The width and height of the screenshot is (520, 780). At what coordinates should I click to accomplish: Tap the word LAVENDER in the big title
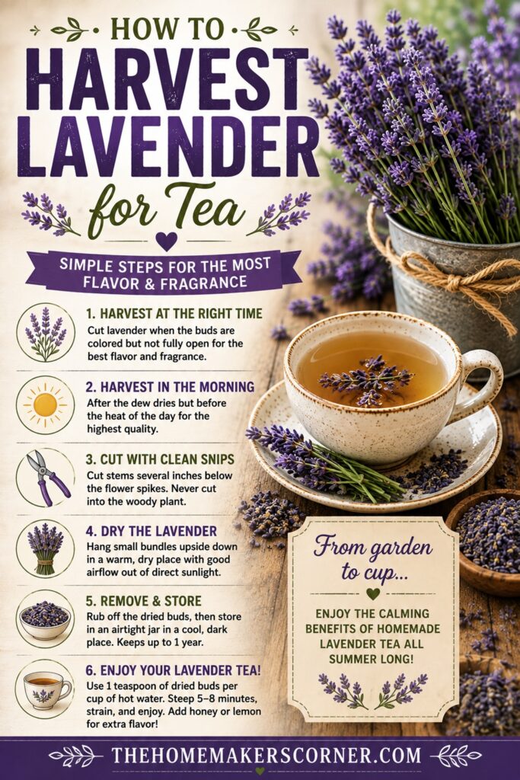[168, 145]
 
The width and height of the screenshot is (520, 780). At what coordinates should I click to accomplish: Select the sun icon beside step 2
[45, 404]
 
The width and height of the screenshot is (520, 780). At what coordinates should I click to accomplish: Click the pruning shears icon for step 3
[46, 477]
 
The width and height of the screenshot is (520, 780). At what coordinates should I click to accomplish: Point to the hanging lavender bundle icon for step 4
[45, 548]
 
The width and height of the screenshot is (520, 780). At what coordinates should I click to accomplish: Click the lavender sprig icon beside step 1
[45, 333]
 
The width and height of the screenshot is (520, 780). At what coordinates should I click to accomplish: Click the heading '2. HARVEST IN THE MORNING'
[170, 386]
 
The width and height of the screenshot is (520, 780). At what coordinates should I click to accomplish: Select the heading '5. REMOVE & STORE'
[144, 601]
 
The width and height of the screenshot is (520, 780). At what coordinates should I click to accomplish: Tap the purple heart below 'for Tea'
[165, 241]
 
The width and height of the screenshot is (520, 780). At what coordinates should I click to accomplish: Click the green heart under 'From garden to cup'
[373, 593]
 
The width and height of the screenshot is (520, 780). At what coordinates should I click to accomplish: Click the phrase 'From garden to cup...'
[373, 558]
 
